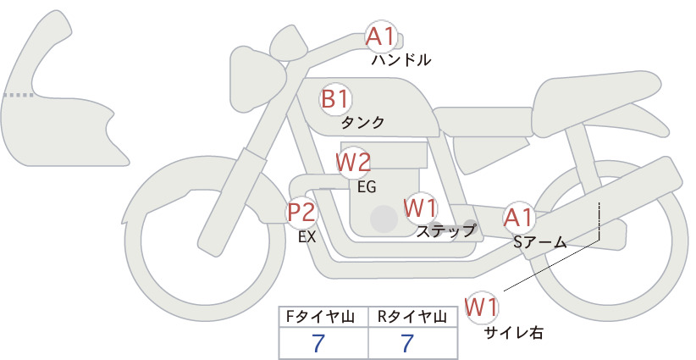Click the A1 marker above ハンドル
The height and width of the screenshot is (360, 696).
[381, 36]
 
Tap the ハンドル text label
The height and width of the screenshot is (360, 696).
[400, 60]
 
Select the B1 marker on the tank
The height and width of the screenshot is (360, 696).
[335, 99]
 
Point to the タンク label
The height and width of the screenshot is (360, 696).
[362, 123]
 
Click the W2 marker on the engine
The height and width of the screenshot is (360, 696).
[353, 163]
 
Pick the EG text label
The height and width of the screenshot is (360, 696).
[367, 187]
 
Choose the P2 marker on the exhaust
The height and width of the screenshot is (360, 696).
[301, 212]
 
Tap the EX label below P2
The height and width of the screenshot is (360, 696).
[307, 237]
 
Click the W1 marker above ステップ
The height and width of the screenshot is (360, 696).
[420, 208]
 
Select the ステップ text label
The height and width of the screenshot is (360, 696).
[445, 231]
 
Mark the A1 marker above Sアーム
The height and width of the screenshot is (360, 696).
[518, 218]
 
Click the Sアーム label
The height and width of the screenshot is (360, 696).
[540, 242]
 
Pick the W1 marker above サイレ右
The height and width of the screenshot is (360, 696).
[482, 307]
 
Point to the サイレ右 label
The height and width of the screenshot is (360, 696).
[514, 333]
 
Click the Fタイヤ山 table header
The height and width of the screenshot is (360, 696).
[320, 317]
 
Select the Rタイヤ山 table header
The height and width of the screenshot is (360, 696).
[412, 317]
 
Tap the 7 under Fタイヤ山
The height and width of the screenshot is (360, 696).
[318, 343]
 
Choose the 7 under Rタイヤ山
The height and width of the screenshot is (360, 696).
[407, 343]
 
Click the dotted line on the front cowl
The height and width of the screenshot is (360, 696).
[19, 95]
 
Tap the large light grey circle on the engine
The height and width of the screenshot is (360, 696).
[384, 219]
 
